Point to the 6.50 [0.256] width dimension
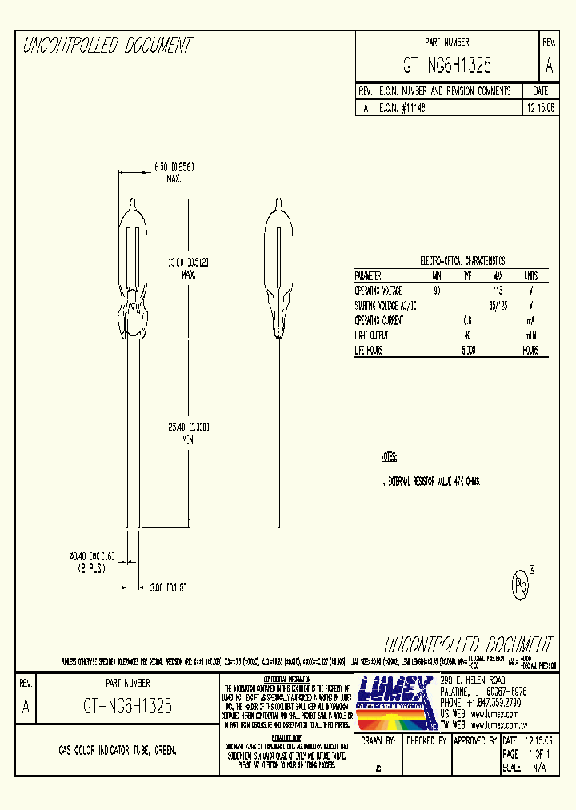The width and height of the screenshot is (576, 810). [174, 166]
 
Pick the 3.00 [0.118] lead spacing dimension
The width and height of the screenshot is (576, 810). [168, 587]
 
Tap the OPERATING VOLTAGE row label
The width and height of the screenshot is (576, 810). [378, 291]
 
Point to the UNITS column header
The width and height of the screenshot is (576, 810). [530, 275]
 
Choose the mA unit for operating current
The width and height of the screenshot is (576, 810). [531, 320]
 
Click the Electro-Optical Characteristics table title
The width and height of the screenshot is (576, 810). [462, 261]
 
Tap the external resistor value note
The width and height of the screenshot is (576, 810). [430, 483]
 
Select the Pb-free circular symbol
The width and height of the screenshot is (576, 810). [520, 586]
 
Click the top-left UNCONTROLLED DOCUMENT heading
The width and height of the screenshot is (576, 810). [107, 46]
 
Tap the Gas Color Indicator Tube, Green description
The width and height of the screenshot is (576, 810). [118, 751]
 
